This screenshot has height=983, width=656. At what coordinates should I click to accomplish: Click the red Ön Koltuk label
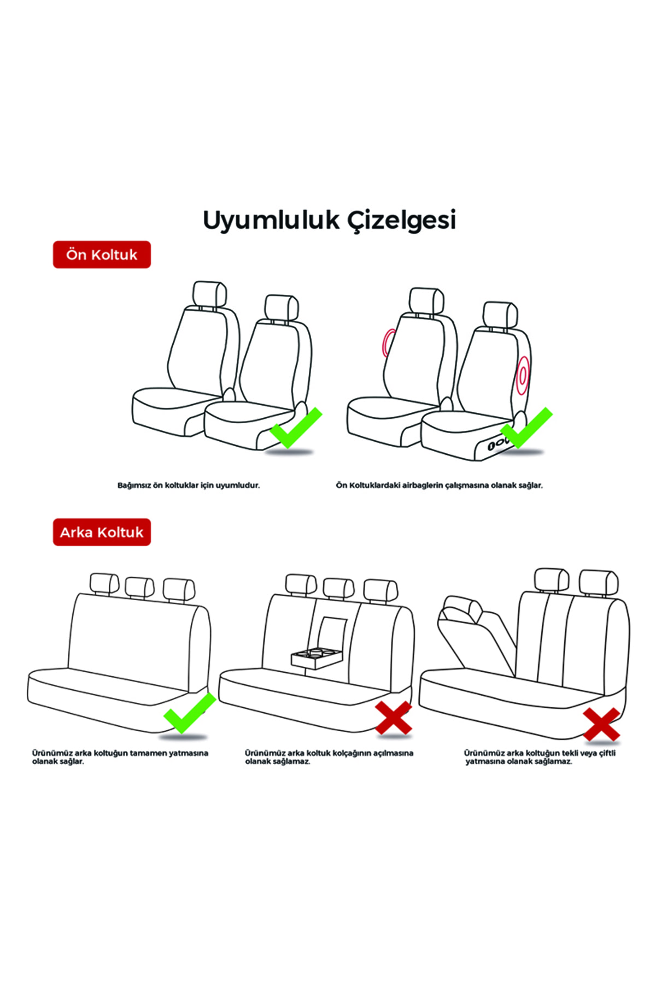click(x=102, y=254)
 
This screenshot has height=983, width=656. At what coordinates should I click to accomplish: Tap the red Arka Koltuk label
click(x=102, y=532)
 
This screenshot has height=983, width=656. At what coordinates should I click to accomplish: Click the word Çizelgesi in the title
click(x=402, y=221)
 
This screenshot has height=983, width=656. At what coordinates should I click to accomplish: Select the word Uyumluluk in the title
click(x=271, y=221)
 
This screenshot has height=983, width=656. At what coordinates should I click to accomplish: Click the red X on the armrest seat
click(x=393, y=718)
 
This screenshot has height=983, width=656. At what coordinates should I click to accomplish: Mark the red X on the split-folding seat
click(x=601, y=724)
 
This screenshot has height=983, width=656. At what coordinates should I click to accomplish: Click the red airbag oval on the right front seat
click(x=523, y=376)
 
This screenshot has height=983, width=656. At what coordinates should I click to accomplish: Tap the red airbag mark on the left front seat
click(x=388, y=343)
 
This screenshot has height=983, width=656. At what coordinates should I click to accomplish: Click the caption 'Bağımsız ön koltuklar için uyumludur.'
click(x=189, y=485)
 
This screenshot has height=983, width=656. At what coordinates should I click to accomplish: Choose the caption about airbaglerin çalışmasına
click(x=440, y=485)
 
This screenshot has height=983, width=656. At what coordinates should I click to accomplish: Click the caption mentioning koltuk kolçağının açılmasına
click(x=329, y=757)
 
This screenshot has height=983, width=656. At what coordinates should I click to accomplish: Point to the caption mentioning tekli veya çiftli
click(x=540, y=757)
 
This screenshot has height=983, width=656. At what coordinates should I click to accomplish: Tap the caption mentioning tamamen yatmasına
click(x=120, y=757)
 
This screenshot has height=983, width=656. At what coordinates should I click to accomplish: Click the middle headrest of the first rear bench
click(x=140, y=588)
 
